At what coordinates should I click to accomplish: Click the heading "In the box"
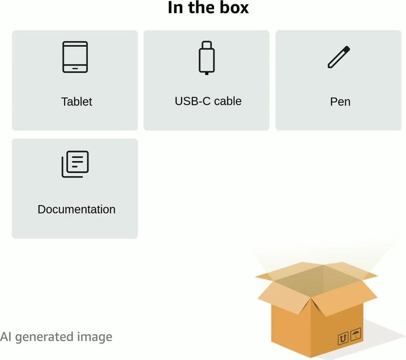pyautogui.click(x=208, y=8)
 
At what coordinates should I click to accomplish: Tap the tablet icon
pyautogui.click(x=75, y=57)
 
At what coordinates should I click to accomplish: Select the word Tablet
pyautogui.click(x=77, y=102)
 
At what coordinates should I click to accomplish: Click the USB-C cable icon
pyautogui.click(x=207, y=57)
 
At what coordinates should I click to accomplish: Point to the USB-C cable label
pyautogui.click(x=208, y=101)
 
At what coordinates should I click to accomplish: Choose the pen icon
pyautogui.click(x=339, y=57)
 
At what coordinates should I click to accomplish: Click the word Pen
pyautogui.click(x=340, y=102)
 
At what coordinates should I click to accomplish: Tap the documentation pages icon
pyautogui.click(x=75, y=164)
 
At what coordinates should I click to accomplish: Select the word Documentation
pyautogui.click(x=77, y=210)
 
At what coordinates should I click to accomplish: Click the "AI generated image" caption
pyautogui.click(x=56, y=337)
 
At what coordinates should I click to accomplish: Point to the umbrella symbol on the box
pyautogui.click(x=356, y=334)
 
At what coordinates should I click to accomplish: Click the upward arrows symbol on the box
pyautogui.click(x=343, y=338)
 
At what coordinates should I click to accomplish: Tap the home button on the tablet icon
pyautogui.click(x=75, y=69)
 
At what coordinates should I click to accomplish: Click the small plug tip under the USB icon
pyautogui.click(x=207, y=73)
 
